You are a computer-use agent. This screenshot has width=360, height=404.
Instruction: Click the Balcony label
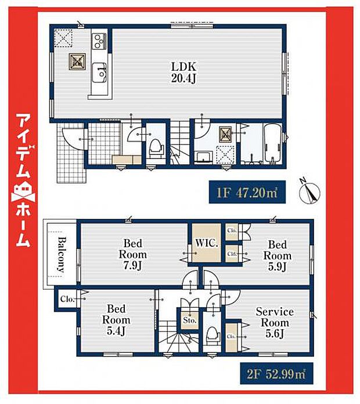(60, 255)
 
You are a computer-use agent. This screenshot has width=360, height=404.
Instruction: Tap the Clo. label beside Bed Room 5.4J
(66, 300)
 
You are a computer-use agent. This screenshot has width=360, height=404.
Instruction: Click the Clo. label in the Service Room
(231, 336)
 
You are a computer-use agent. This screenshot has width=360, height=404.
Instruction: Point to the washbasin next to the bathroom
(204, 156)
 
